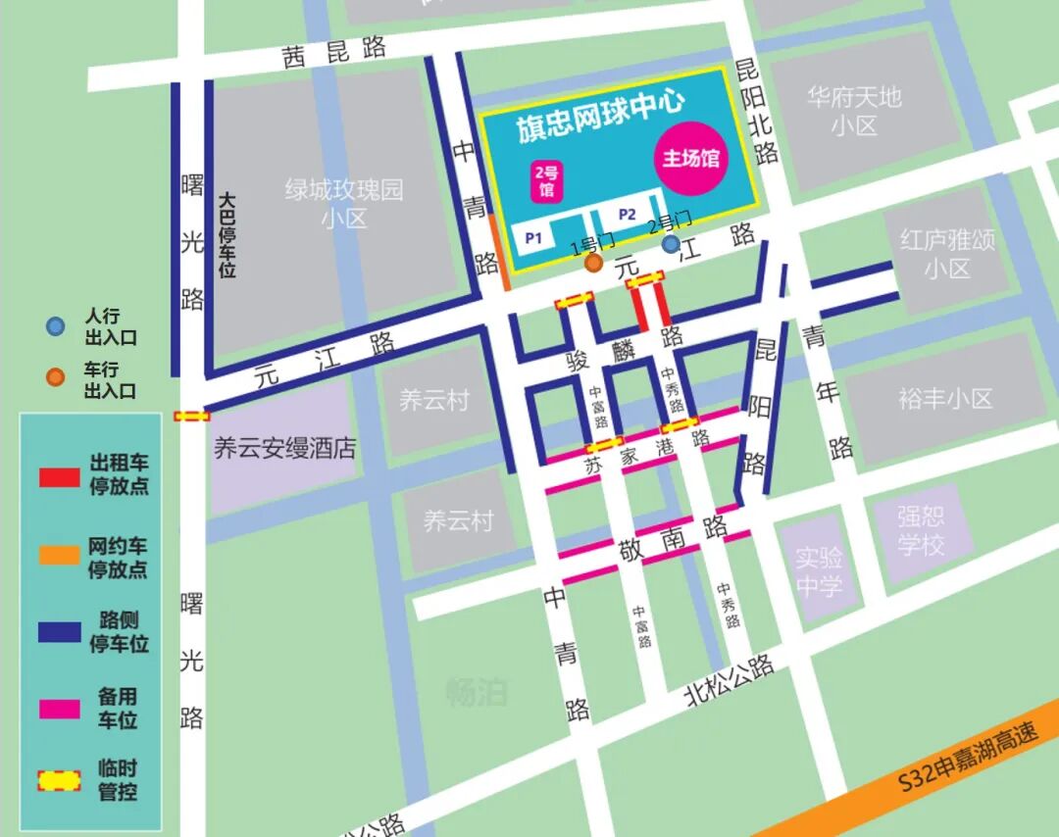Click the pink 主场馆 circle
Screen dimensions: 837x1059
pyautogui.click(x=690, y=159)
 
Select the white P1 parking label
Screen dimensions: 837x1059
pyautogui.click(x=533, y=237)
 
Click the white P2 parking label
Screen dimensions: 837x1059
pyautogui.click(x=628, y=215)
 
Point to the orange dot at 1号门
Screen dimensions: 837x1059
pyautogui.click(x=593, y=263)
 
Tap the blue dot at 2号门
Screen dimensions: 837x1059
pyautogui.click(x=671, y=243)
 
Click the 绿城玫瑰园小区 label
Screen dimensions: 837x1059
pyautogui.click(x=344, y=203)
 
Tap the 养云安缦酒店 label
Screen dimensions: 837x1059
pyautogui.click(x=284, y=449)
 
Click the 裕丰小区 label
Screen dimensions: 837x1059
pyautogui.click(x=945, y=398)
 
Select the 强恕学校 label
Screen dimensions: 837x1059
pyautogui.click(x=921, y=530)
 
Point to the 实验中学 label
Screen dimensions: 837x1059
pyautogui.click(x=819, y=572)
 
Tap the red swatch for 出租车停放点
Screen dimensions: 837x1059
pyautogui.click(x=59, y=477)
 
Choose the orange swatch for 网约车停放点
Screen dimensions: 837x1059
pyautogui.click(x=59, y=555)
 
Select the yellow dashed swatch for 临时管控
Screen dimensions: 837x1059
pyautogui.click(x=59, y=780)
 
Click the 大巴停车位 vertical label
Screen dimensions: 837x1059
pyautogui.click(x=227, y=235)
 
